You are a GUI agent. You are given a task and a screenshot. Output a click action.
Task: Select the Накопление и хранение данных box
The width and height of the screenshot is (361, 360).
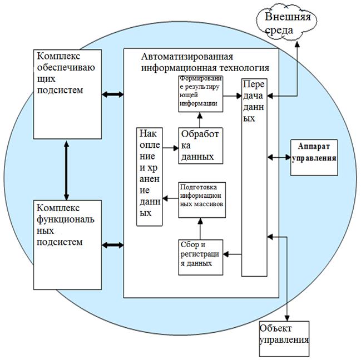point(150,177)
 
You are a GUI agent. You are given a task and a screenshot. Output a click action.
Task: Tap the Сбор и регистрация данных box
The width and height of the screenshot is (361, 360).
point(201,257)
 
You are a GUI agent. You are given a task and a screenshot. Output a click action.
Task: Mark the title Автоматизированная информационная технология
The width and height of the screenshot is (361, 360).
point(203,62)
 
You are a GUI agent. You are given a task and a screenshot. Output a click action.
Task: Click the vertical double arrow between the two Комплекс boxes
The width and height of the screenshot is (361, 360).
point(66,170)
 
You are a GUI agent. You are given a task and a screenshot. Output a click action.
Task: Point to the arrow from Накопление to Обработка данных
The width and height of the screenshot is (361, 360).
point(170,147)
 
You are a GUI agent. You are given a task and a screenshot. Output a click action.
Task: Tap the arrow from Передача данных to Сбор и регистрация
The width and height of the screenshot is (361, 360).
point(233,254)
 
